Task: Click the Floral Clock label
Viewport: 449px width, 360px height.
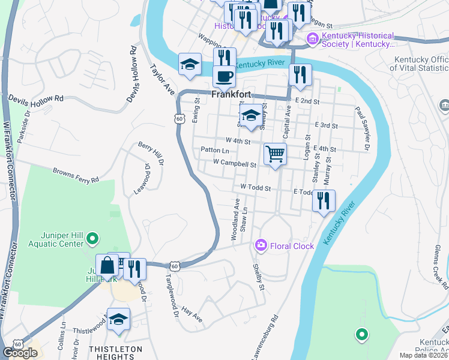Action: click(292, 245)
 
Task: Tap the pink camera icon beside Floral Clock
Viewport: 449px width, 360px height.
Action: click(261, 245)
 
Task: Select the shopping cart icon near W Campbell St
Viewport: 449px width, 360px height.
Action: click(275, 154)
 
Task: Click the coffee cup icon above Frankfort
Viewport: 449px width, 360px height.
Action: click(224, 77)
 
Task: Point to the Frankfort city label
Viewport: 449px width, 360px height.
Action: click(231, 95)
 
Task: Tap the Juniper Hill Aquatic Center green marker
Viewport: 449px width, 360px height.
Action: click(92, 239)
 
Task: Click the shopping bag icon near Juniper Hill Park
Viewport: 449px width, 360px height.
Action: click(107, 265)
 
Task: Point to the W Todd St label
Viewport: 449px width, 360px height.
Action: click(256, 188)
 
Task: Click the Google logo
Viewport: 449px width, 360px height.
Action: click(20, 353)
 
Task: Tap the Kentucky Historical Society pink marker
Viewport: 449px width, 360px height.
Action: click(312, 40)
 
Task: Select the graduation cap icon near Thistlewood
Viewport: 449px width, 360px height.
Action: click(119, 319)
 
